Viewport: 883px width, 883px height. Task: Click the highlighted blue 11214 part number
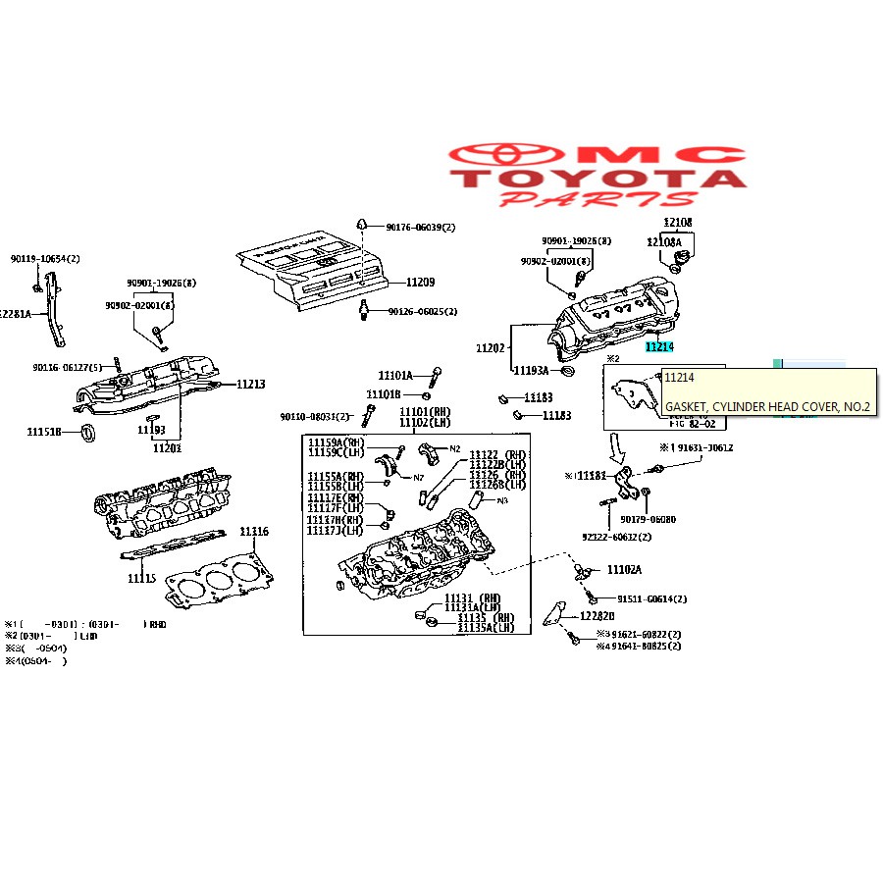point(658,346)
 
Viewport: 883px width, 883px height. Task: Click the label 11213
point(250,384)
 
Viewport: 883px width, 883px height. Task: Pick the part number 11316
point(254,532)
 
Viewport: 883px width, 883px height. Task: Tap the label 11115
point(141,578)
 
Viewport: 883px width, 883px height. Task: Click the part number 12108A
point(663,241)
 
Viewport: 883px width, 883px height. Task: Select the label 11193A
point(531,371)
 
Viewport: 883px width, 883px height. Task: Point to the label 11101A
point(396,375)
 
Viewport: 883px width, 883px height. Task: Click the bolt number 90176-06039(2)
point(421,227)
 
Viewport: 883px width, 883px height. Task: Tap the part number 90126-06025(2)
point(422,312)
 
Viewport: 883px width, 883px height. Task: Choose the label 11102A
point(624,570)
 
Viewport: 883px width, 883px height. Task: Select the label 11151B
point(44,431)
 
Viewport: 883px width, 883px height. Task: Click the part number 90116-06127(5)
point(67,368)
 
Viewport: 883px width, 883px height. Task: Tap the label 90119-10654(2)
point(45,259)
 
